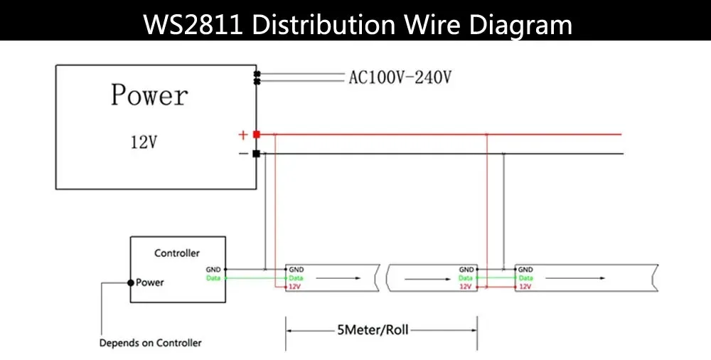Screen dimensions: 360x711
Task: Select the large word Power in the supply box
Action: pyautogui.click(x=149, y=95)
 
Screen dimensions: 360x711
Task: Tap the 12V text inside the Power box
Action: pyautogui.click(x=143, y=142)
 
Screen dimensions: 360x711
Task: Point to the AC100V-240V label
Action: pyautogui.click(x=400, y=78)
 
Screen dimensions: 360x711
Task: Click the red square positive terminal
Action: pyautogui.click(x=256, y=134)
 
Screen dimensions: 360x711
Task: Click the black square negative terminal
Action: pyautogui.click(x=256, y=154)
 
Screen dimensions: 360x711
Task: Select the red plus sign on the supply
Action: pyautogui.click(x=242, y=134)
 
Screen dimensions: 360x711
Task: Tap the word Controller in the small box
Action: pyautogui.click(x=177, y=253)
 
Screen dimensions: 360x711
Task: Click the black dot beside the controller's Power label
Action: pyautogui.click(x=130, y=282)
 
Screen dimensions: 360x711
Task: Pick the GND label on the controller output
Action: pyautogui.click(x=213, y=270)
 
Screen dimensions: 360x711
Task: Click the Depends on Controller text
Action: pyautogui.click(x=150, y=343)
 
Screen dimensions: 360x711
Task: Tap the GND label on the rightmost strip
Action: pyautogui.click(x=525, y=270)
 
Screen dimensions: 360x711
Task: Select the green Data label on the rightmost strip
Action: pyautogui.click(x=525, y=278)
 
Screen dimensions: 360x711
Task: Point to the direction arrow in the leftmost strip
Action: pyautogui.click(x=328, y=278)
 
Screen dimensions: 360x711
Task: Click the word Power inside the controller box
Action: pyautogui.click(x=150, y=282)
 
